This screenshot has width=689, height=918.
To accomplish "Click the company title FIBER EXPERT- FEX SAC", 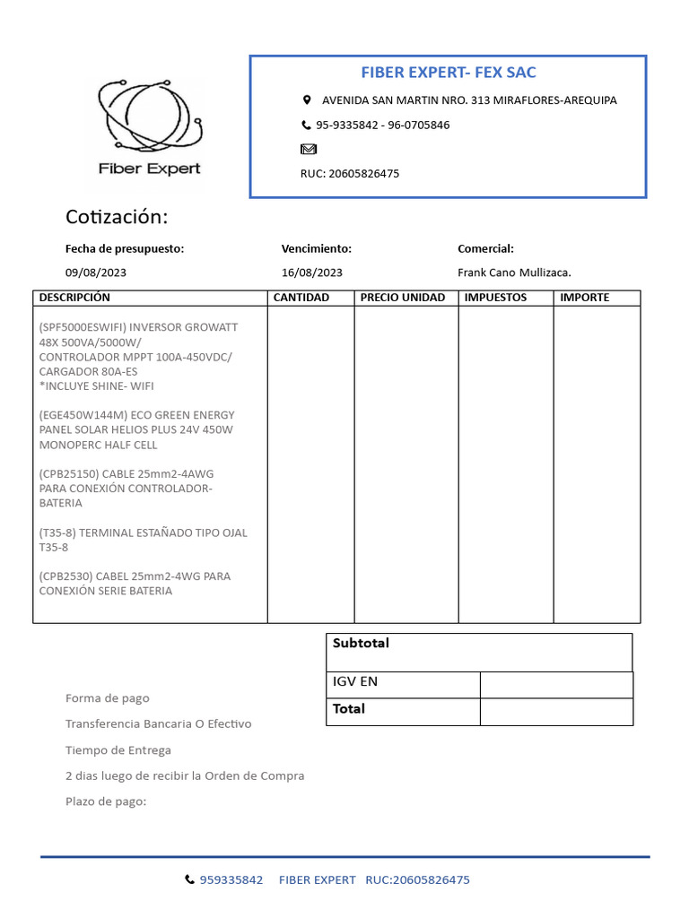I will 449,72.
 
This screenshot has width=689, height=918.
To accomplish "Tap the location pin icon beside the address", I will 307,100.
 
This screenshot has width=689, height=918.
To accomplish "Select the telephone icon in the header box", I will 306,126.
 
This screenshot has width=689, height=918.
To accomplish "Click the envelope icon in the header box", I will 308,149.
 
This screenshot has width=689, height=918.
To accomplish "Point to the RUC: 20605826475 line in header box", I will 350,174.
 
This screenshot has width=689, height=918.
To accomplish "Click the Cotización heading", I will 117,218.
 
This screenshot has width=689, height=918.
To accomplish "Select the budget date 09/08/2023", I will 96,273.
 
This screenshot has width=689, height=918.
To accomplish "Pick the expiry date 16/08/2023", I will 312,273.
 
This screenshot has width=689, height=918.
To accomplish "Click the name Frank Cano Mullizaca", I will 514,273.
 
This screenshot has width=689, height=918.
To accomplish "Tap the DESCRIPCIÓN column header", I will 74,298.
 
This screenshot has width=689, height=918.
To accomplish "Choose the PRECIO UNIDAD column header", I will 403,298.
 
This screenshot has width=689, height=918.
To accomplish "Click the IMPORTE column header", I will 584,298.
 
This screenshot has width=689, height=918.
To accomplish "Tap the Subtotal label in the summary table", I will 361,644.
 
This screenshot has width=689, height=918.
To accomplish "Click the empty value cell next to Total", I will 556,712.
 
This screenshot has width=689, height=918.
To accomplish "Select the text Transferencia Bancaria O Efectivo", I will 159,723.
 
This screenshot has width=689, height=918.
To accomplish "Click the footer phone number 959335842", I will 231,880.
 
